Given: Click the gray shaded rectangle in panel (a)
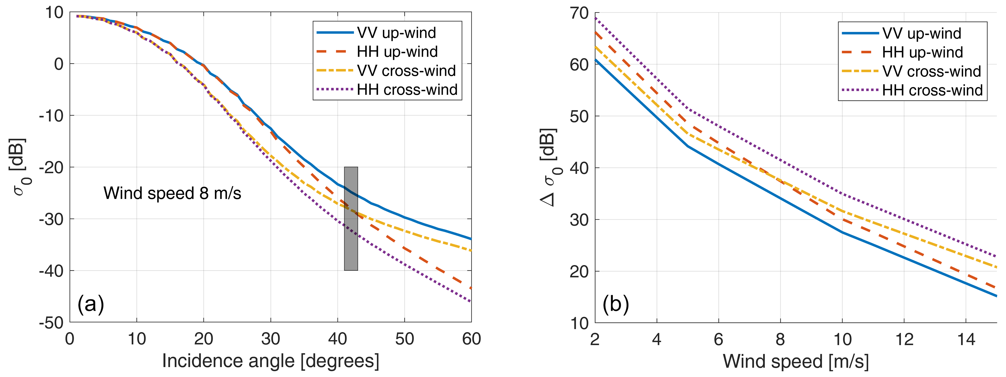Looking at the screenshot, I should [351, 219].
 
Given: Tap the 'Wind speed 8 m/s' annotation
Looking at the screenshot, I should [172, 193].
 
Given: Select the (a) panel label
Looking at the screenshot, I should [90, 304].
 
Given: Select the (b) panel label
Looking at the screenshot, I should [616, 304].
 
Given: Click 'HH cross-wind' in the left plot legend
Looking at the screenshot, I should [407, 90].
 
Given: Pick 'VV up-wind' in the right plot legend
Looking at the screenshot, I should [922, 33].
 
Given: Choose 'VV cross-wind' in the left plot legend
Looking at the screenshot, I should [406, 71].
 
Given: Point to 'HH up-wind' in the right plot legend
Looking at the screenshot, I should [922, 52].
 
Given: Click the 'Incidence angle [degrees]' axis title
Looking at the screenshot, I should [271, 361].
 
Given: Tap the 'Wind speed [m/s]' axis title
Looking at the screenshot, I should [796, 361].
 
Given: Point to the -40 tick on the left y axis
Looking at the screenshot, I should [51, 271].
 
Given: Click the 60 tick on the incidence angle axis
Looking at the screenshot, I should [471, 339].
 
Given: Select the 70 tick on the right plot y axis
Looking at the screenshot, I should [579, 13].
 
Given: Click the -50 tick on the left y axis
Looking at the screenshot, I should [51, 323].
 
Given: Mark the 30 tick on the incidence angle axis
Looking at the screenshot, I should [271, 339].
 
